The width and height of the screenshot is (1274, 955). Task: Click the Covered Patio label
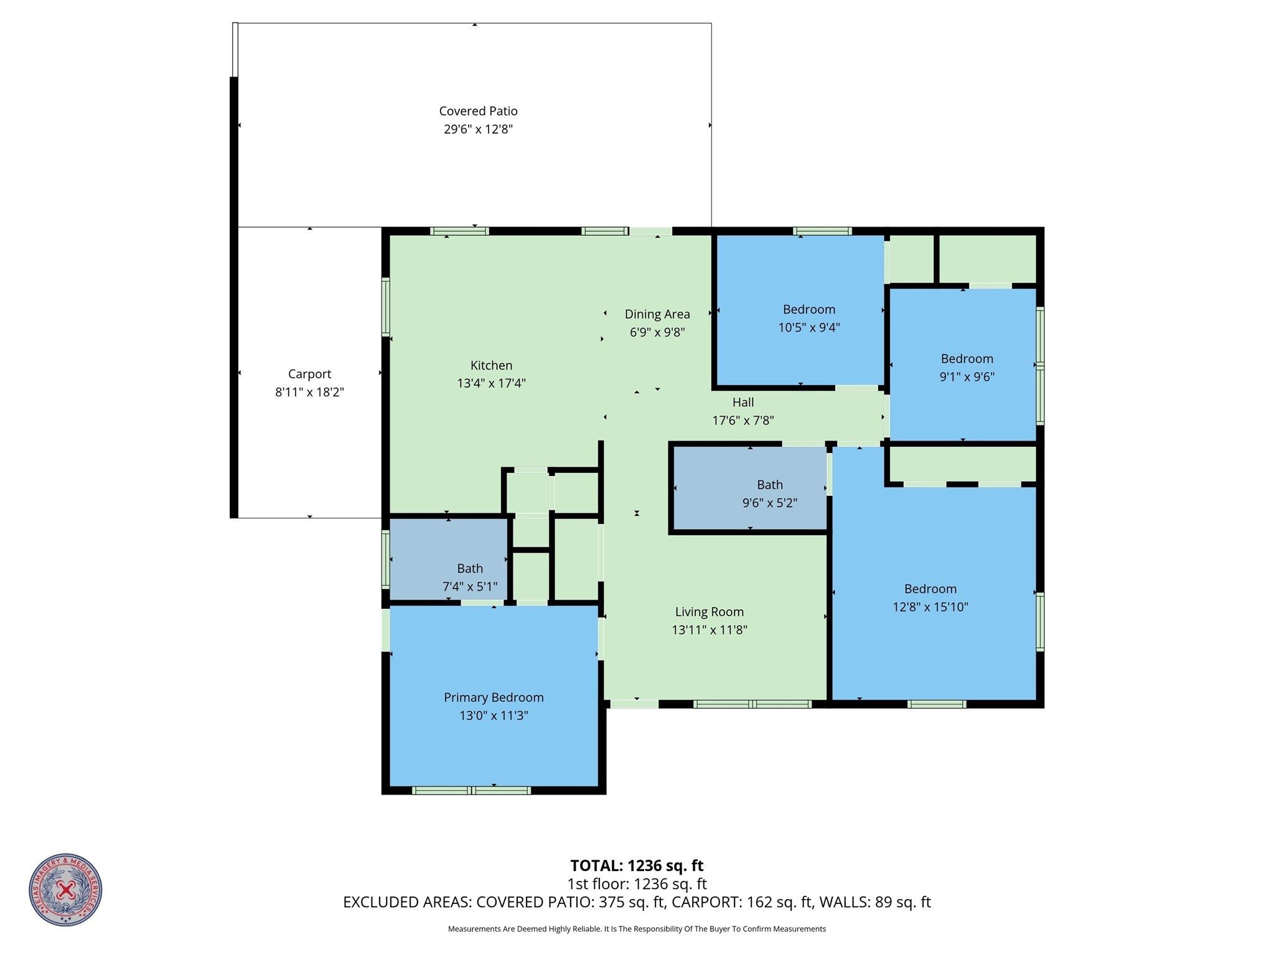point(478,111)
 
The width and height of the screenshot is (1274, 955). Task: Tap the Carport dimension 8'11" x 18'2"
point(309,392)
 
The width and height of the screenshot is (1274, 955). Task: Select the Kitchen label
point(491,365)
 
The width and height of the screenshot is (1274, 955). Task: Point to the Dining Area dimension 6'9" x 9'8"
point(657,332)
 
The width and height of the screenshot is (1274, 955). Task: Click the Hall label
point(742,403)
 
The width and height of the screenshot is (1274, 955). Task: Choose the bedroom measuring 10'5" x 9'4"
point(808,318)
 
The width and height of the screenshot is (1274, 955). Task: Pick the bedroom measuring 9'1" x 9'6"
point(967,367)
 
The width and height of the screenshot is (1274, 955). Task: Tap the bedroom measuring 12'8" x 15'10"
point(930,597)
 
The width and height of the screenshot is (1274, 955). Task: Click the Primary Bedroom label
point(494,697)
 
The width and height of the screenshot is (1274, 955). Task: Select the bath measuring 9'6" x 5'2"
point(769,493)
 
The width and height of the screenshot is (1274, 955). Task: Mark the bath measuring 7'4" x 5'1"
point(469,577)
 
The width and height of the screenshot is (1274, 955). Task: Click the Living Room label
point(709,612)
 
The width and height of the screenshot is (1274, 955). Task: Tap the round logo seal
point(65,890)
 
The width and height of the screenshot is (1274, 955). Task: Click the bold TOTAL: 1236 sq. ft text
point(637,865)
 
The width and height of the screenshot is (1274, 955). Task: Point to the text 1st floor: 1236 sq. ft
point(637,883)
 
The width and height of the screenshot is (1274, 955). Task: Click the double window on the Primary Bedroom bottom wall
point(471,790)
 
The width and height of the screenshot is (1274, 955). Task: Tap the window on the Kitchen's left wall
point(385,307)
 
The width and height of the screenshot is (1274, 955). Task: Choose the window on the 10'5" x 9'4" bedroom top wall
point(822,231)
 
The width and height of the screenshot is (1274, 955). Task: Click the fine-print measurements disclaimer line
point(637,929)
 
